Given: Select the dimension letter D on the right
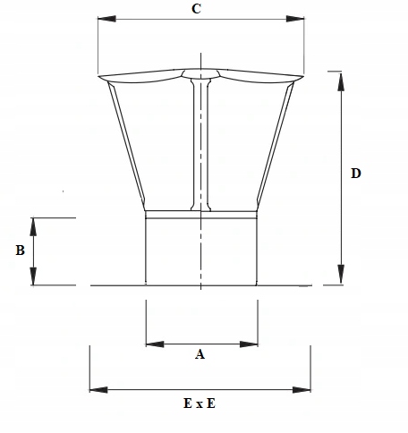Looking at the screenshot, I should point(355,174).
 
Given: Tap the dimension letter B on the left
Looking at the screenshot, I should point(20,251).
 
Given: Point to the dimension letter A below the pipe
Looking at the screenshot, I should point(200,355).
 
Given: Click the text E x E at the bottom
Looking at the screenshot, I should point(198,403).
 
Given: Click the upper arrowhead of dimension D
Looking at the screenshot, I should point(338,75).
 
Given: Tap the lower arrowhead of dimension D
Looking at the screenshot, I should point(338,278).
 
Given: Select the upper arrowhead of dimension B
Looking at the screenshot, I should point(34,224).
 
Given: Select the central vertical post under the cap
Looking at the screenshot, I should point(200,143).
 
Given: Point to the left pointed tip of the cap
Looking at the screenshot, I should point(99,77).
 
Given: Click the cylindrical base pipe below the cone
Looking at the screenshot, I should point(201,250).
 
